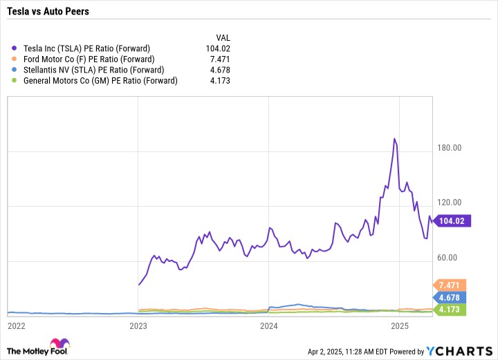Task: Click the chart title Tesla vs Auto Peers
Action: pyautogui.click(x=48, y=12)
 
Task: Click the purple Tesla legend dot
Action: pyautogui.click(x=14, y=48)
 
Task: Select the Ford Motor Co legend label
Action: pyautogui.click(x=89, y=59)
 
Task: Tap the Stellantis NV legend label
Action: pyautogui.click(x=93, y=70)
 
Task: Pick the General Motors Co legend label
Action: pyautogui.click(x=100, y=81)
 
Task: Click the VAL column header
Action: pyautogui.click(x=223, y=38)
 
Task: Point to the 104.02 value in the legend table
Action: pyautogui.click(x=218, y=48)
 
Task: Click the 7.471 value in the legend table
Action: pyautogui.click(x=220, y=59)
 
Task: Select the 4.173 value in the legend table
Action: pyautogui.click(x=220, y=81)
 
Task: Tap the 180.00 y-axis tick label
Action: pyautogui.click(x=449, y=147)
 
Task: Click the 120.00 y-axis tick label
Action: pyautogui.click(x=449, y=202)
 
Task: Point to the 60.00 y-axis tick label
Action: pyautogui.click(x=448, y=257)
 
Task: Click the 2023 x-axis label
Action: pyautogui.click(x=138, y=325)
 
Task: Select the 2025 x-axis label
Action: pyautogui.click(x=400, y=325)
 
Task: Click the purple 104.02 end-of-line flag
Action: pyautogui.click(x=452, y=220)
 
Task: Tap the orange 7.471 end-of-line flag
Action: pyautogui.click(x=450, y=285)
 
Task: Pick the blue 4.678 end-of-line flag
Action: pyautogui.click(x=450, y=298)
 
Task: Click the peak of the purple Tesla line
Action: pyautogui.click(x=394, y=139)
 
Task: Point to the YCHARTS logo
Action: pyautogui.click(x=459, y=351)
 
